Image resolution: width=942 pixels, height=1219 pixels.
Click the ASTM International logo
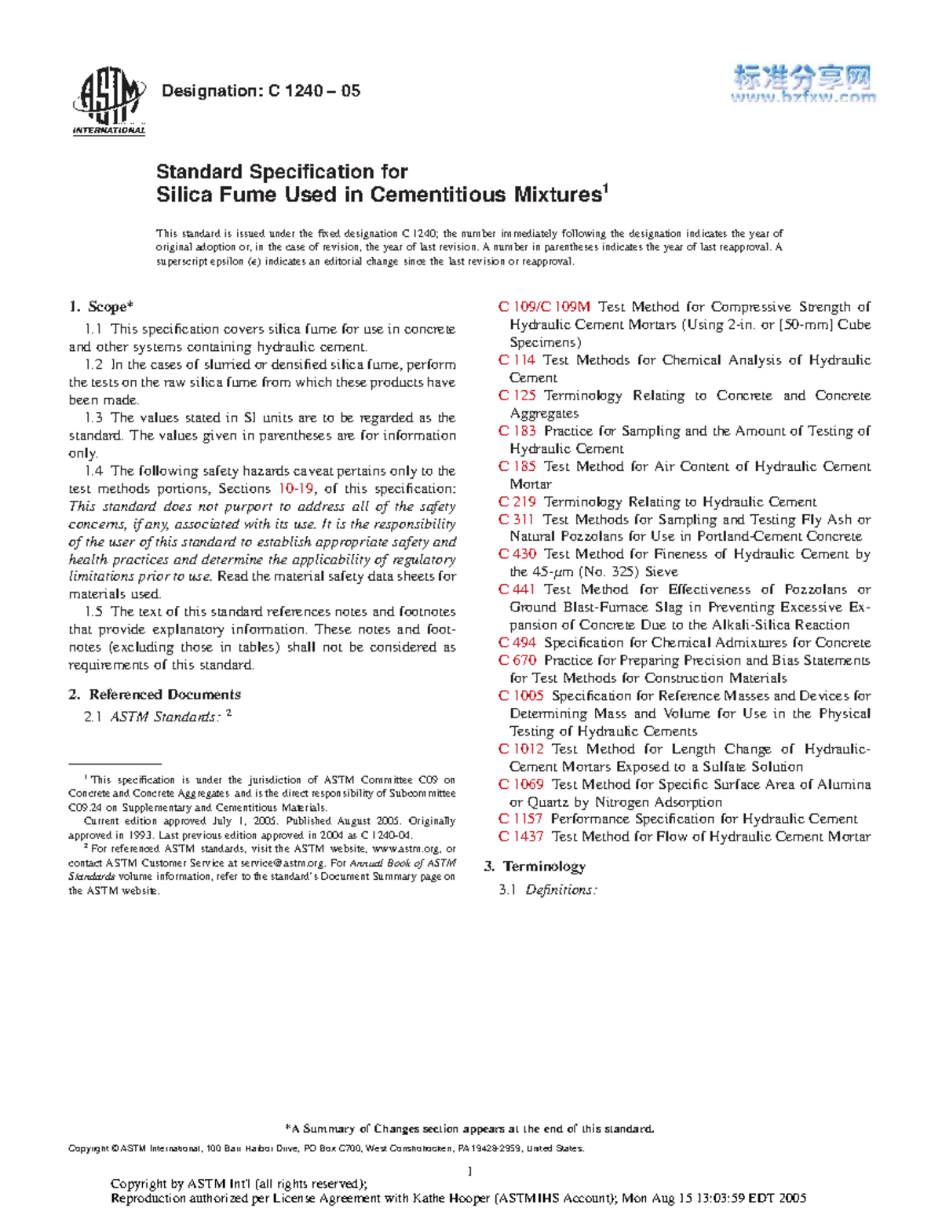108,100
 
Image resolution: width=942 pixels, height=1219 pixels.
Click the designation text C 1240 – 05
314,91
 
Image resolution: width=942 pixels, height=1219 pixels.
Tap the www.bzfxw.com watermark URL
803,98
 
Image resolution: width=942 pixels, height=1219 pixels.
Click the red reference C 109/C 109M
544,307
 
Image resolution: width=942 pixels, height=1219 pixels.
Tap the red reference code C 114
517,360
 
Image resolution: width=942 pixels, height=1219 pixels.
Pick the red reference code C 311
517,520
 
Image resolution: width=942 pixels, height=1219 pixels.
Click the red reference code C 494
517,643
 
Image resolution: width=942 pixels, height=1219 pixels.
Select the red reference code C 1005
521,696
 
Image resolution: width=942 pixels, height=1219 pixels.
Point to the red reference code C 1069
521,785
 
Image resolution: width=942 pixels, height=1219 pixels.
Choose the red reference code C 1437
521,838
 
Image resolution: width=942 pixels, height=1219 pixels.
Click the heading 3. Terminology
535,867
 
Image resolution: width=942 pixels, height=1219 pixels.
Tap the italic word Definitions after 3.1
561,890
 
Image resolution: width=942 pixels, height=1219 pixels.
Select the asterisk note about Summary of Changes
472,1129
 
